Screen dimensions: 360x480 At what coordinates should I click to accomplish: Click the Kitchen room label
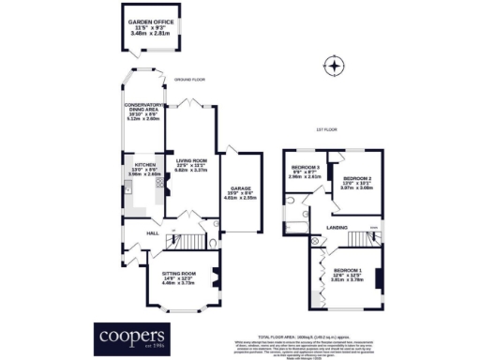pyautogui.click(x=143, y=167)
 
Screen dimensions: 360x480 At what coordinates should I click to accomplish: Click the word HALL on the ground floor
pyautogui.click(x=151, y=232)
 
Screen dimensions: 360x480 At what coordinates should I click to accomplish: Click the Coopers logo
pyautogui.click(x=133, y=336)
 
